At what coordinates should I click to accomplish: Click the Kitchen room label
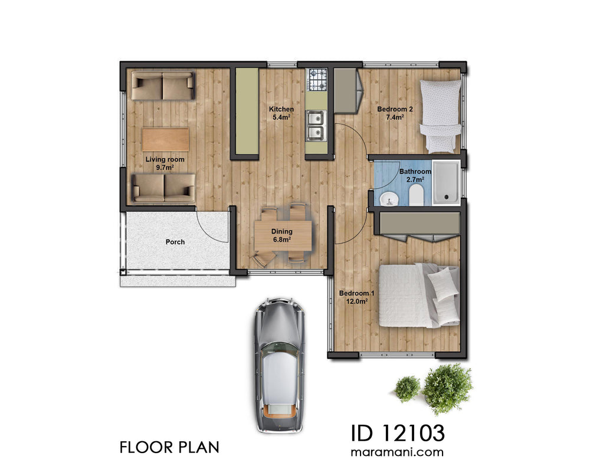point(281,113)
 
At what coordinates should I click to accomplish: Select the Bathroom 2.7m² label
point(415,175)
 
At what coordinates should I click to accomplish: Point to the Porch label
point(175,242)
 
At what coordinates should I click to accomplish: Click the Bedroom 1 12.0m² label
point(353,297)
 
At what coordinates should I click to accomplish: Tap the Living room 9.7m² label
point(165,163)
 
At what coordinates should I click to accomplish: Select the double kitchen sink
point(316,126)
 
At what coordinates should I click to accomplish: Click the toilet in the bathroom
point(416,195)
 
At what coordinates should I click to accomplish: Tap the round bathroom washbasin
point(389,198)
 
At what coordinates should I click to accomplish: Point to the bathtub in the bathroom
point(446,183)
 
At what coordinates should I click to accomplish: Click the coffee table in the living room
point(165,140)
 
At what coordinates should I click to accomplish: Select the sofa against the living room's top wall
point(162,86)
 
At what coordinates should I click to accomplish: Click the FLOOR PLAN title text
point(169,447)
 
